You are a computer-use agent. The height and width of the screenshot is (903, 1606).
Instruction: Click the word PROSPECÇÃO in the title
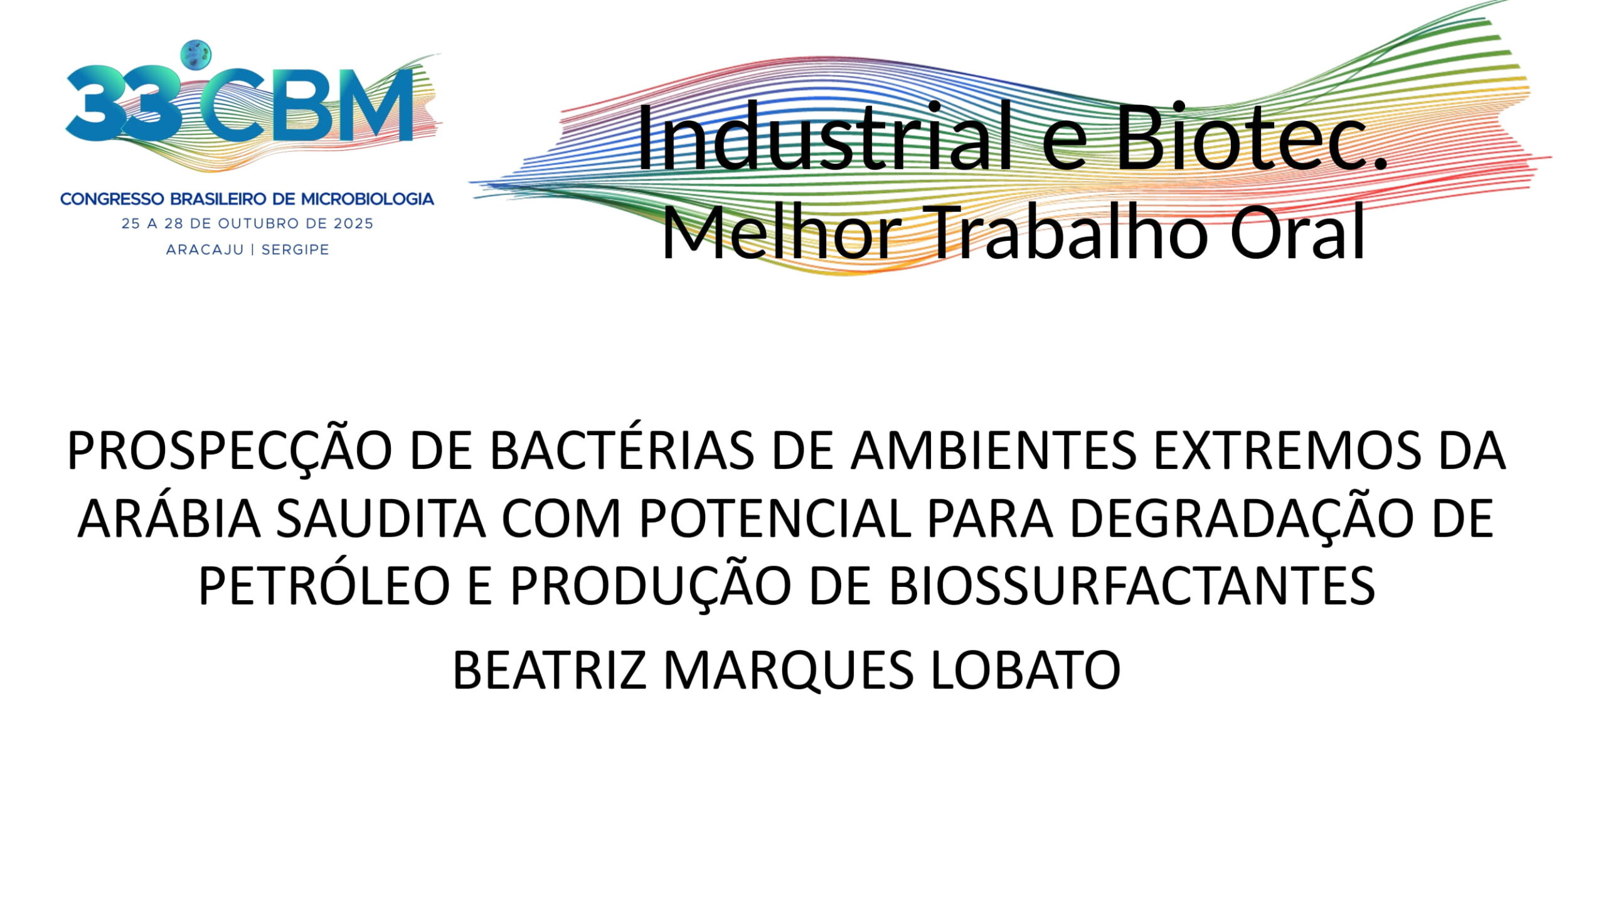230,451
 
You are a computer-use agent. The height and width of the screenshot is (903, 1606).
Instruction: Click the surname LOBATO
1026,670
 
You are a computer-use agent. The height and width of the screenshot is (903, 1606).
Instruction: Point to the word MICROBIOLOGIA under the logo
368,199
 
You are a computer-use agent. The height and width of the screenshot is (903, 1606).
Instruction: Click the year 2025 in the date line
353,224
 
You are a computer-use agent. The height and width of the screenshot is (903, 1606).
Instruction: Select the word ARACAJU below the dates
205,250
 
